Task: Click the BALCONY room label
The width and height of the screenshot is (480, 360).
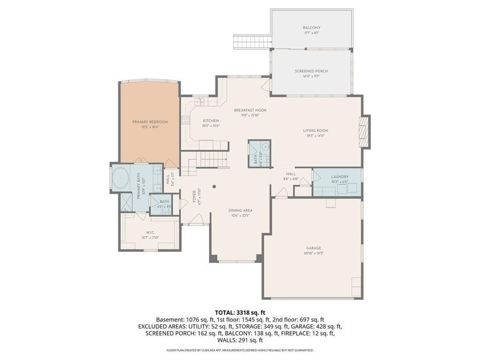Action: click(x=311, y=28)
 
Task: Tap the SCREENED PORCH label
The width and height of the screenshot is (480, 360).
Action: click(x=311, y=71)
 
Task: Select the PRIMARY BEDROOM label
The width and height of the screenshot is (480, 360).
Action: click(x=150, y=122)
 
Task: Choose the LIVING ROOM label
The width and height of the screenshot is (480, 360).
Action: click(x=315, y=130)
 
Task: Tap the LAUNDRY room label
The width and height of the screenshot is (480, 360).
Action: click(x=339, y=177)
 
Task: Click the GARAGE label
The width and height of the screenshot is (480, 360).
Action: click(x=314, y=248)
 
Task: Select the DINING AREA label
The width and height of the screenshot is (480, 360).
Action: click(x=242, y=210)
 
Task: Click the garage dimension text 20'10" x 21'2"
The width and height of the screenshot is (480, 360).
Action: click(x=314, y=253)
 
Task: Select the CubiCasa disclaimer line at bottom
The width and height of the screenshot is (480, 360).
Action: click(x=240, y=350)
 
